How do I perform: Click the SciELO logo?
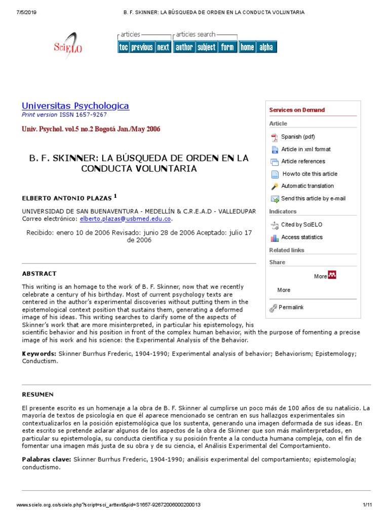(x=68, y=46)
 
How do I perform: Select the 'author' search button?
(x=184, y=47)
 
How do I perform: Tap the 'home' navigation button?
(x=247, y=47)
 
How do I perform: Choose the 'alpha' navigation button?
(x=266, y=47)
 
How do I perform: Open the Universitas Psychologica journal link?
(x=75, y=106)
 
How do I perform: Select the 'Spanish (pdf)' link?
(x=298, y=137)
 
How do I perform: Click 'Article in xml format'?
(x=305, y=149)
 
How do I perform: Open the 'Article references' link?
(x=303, y=161)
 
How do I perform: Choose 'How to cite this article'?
(x=309, y=174)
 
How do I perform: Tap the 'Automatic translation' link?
(x=307, y=186)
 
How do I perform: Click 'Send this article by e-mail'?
(x=313, y=199)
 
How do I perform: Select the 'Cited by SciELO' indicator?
(x=301, y=225)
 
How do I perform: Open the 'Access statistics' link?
(x=301, y=237)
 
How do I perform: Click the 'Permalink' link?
(x=291, y=308)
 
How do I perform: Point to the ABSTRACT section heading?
(x=39, y=274)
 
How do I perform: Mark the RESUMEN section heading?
(x=37, y=395)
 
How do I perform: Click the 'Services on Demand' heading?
(x=297, y=110)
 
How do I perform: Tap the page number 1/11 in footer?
(x=367, y=505)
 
